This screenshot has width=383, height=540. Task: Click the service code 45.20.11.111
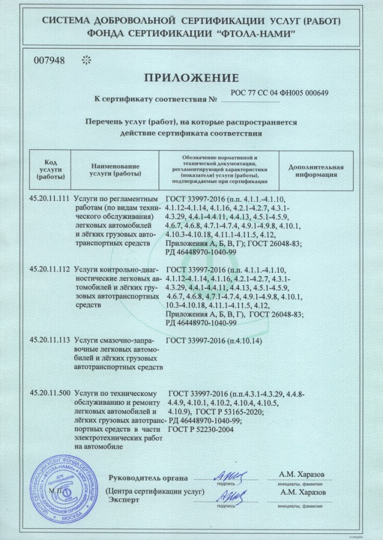point(50,198)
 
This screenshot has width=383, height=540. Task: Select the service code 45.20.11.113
point(50,340)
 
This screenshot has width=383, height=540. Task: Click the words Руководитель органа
point(148,478)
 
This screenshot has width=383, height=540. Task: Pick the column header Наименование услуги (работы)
point(114,170)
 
